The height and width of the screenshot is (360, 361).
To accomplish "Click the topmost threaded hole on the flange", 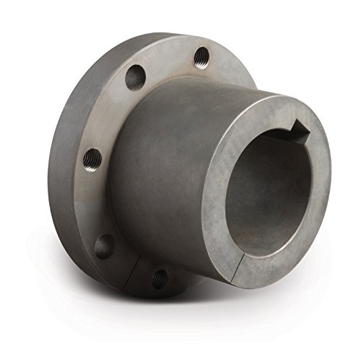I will [202, 55].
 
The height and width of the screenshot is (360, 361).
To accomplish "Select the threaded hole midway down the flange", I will [92, 157].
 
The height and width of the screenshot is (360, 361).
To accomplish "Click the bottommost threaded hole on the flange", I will [160, 278].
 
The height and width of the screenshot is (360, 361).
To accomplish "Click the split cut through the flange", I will [136, 268].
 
